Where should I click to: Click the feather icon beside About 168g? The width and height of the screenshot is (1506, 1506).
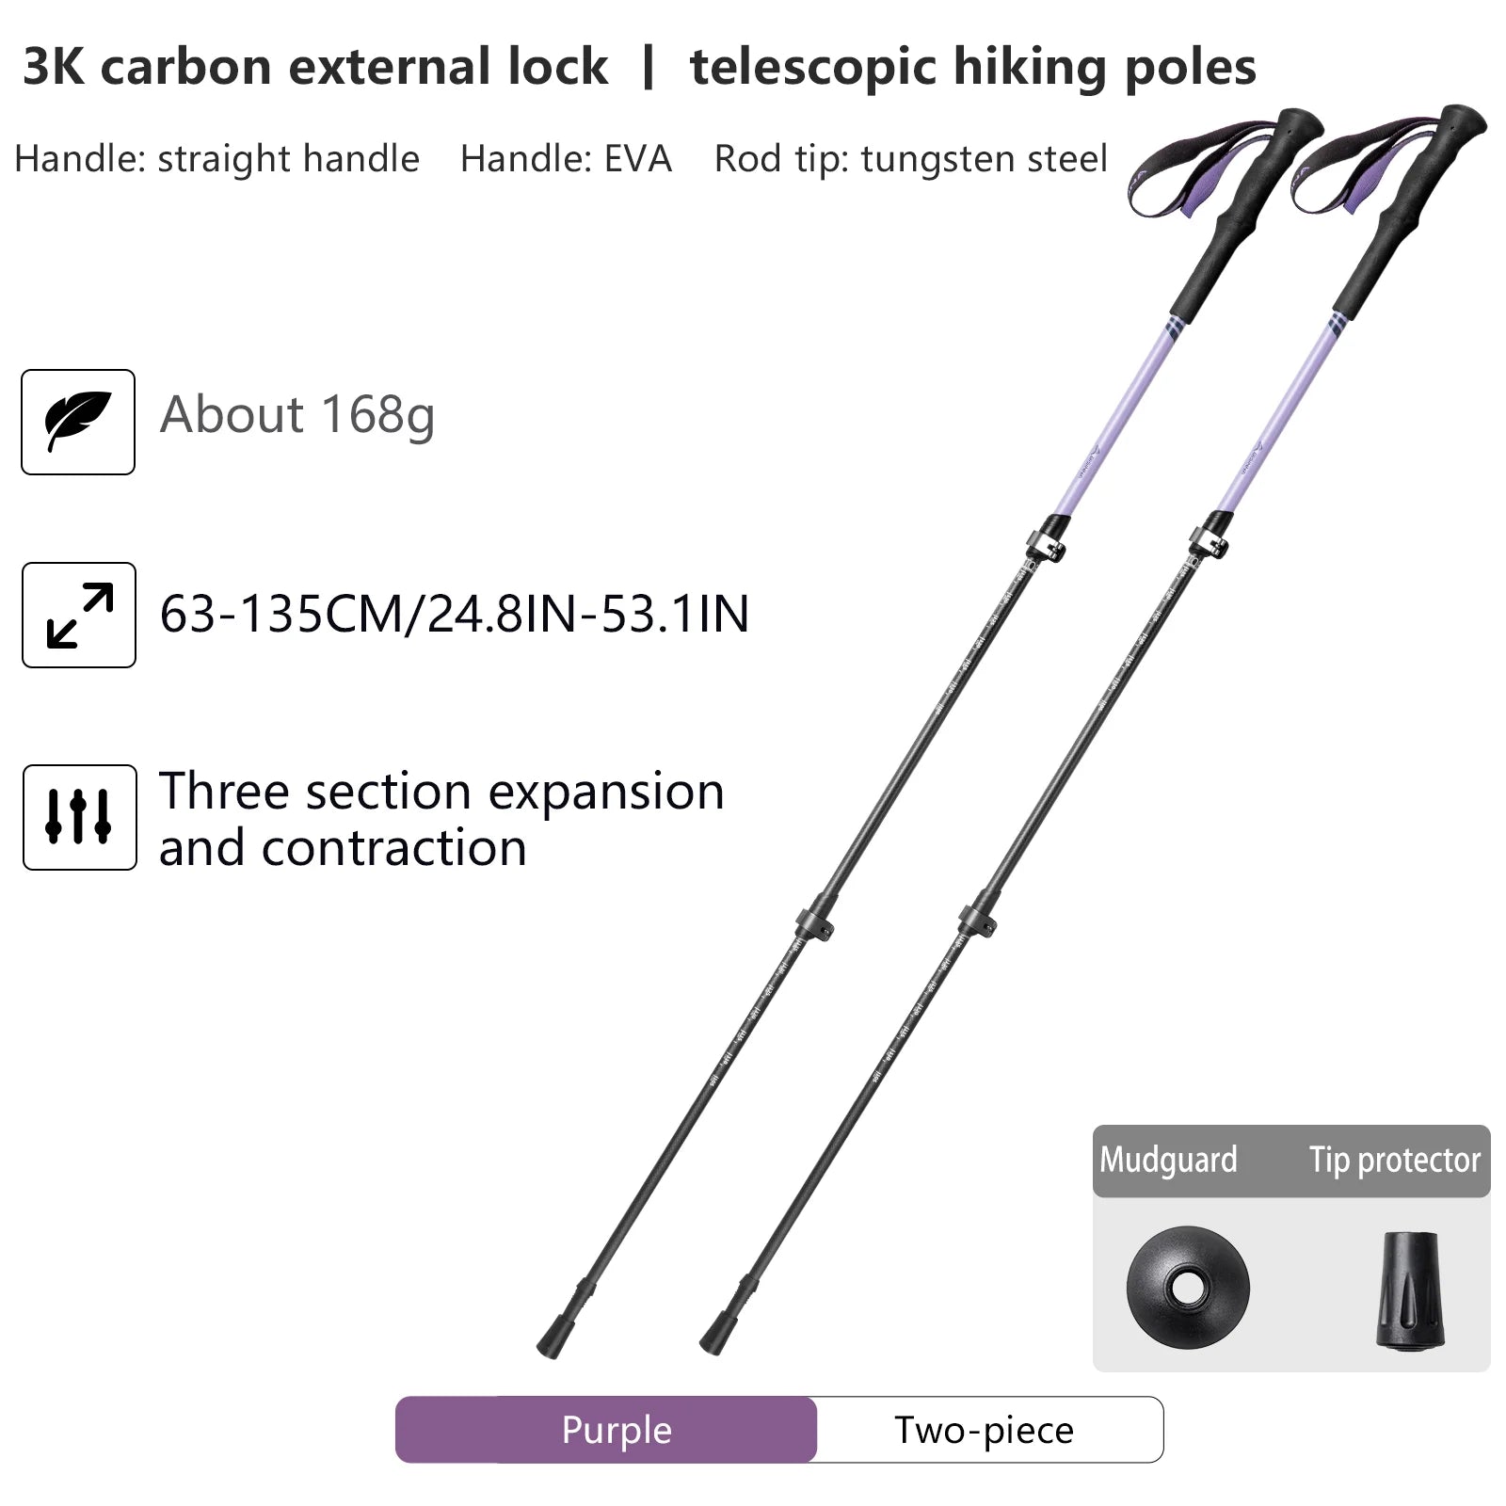[78, 422]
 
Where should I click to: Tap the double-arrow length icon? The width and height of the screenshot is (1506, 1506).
[79, 615]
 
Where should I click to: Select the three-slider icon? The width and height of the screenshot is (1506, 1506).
[79, 817]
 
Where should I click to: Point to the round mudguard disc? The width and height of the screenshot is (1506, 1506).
[1188, 1288]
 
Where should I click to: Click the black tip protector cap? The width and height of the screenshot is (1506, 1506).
[1408, 1291]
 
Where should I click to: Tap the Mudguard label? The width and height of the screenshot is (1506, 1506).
[1168, 1161]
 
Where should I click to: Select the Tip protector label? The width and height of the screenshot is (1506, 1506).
[1394, 1161]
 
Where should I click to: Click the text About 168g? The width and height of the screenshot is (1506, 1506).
[297, 415]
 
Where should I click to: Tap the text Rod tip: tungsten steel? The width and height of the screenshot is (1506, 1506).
[910, 159]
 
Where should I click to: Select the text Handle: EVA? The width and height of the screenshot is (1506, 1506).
[566, 159]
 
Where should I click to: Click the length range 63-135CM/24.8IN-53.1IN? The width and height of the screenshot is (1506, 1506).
[455, 614]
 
